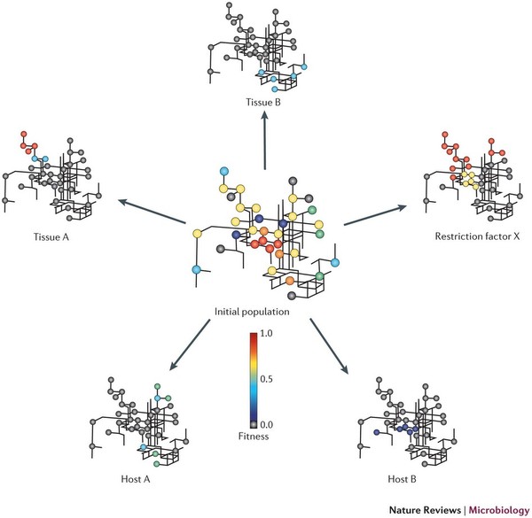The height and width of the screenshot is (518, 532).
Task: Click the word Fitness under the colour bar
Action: [254, 435]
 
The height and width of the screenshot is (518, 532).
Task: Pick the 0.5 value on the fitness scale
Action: [272, 379]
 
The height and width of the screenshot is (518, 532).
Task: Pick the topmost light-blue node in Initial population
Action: [223, 171]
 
